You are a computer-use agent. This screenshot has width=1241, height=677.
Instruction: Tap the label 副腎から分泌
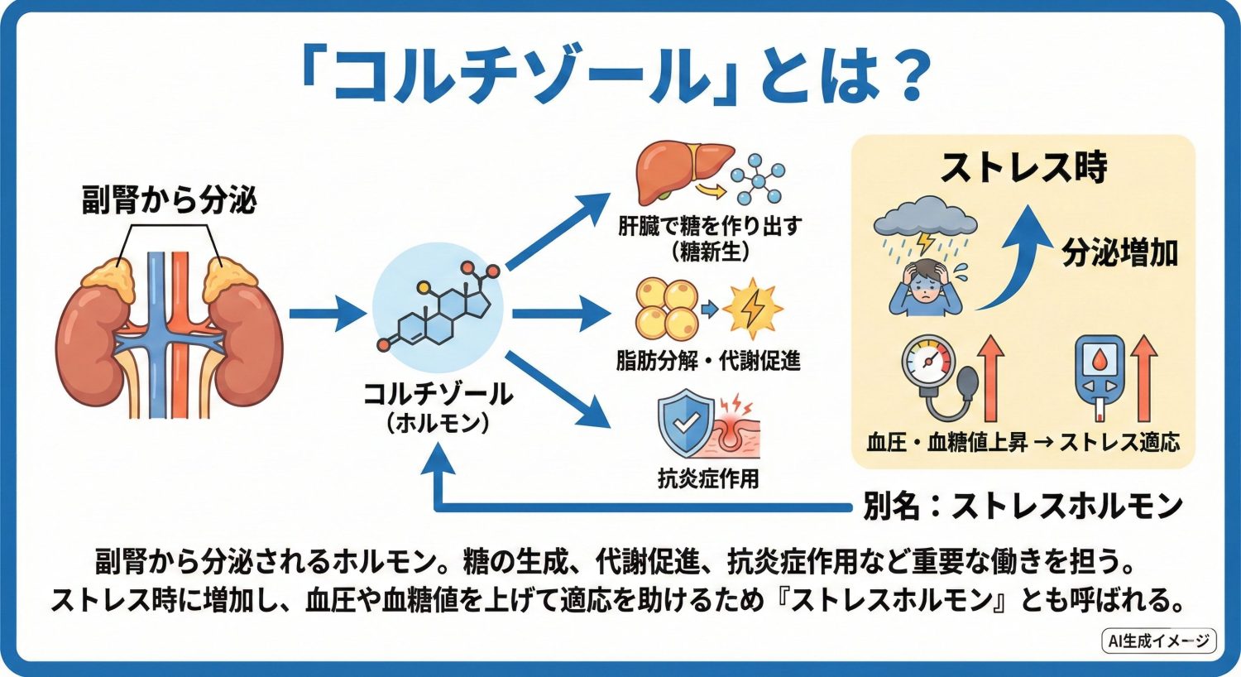[169, 201]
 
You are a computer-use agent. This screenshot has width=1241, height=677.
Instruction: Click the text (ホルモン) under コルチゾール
[438, 424]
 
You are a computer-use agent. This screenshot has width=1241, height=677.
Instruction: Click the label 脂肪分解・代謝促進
[708, 361]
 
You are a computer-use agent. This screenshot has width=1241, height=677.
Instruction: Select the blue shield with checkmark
[686, 425]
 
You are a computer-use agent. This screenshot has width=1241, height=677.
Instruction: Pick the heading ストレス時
[1023, 168]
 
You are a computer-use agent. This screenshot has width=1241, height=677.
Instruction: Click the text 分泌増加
[1119, 253]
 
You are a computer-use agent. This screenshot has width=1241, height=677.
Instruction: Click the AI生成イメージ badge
[1159, 641]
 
